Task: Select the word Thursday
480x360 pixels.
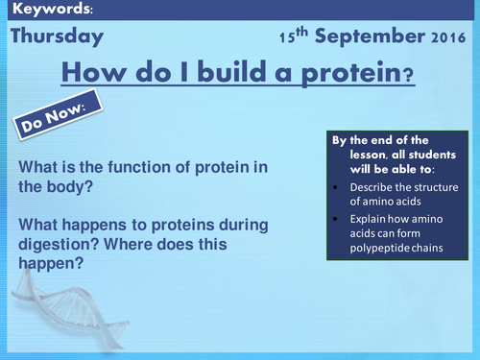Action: tap(57, 37)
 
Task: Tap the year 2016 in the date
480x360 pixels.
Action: tap(447, 39)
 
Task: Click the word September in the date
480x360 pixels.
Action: tap(370, 38)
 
